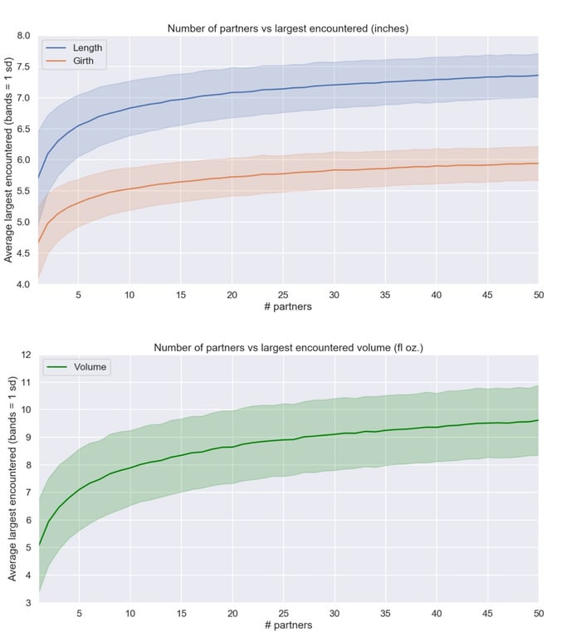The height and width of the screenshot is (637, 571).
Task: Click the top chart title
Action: tap(288, 28)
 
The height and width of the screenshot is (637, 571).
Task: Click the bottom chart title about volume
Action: tap(288, 347)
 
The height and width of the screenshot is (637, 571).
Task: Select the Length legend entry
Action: tap(87, 47)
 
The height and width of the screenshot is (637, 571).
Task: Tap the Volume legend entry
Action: tap(89, 366)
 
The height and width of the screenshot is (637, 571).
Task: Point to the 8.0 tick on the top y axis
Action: tap(23, 37)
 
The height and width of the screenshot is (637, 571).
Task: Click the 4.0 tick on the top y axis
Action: tap(23, 284)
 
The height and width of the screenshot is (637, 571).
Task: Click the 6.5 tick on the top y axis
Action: tap(23, 129)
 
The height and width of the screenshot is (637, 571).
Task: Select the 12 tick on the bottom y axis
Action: tap(26, 355)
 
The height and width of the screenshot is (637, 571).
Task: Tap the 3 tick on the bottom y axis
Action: tap(28, 602)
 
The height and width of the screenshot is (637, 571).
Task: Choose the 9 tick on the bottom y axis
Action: tap(28, 437)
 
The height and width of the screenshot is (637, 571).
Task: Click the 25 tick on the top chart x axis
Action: tap(283, 295)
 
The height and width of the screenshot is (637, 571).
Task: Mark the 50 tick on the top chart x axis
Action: tap(537, 295)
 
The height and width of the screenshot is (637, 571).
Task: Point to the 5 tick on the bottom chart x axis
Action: tap(79, 613)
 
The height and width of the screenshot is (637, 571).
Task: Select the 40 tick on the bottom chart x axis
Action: tap(436, 613)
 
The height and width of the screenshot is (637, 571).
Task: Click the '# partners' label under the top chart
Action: tap(288, 307)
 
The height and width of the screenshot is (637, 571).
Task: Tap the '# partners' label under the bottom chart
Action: tap(288, 625)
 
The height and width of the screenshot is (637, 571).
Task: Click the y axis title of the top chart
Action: tap(9, 160)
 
